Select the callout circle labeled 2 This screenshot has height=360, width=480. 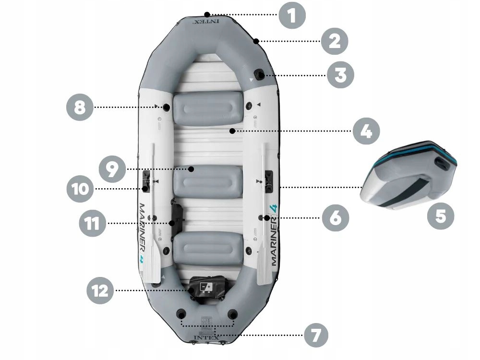coord(335,41)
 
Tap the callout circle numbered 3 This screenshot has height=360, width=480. coord(340,75)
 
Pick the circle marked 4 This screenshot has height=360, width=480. coord(366,131)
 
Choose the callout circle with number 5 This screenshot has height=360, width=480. coord(441,215)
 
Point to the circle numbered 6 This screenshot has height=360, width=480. coord(335,217)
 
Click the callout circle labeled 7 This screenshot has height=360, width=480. coord(315,335)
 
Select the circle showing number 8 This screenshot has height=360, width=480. coord(80,107)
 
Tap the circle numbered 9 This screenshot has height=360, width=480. coord(112,169)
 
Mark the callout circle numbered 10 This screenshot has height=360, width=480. coord(80,189)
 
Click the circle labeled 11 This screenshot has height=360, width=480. coord(93,223)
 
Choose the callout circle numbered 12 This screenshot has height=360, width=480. coord(101,290)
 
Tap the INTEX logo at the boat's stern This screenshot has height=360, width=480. coord(207,337)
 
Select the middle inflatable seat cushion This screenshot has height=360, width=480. coord(207,179)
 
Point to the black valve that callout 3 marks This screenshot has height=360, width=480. coord(260,74)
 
